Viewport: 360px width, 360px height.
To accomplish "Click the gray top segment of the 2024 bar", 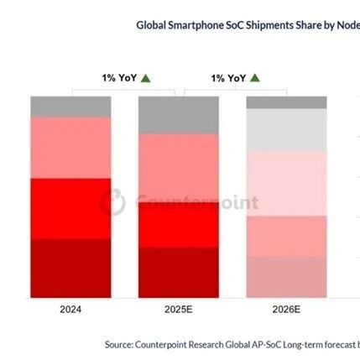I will (x=70, y=107).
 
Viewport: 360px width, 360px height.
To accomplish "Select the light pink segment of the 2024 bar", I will (x=70, y=148).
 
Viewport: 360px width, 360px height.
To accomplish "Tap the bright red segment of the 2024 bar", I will (x=70, y=208).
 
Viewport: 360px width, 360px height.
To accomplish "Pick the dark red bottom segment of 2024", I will (x=70, y=268).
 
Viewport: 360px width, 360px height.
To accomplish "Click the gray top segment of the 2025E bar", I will (x=178, y=115).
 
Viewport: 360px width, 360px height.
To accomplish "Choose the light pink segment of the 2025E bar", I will (x=178, y=168).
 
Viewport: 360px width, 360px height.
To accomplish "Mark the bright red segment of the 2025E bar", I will (x=178, y=225).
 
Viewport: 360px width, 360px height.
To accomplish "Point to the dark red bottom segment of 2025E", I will (x=178, y=272).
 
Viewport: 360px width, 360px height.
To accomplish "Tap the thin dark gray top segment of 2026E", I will (x=286, y=102).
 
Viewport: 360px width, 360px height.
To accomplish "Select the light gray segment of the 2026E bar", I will (x=286, y=130).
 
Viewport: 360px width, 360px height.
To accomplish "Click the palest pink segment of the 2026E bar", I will (x=286, y=183).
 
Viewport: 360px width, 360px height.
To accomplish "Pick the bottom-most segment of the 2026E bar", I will (x=286, y=277).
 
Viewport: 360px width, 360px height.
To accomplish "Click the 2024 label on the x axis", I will (x=70, y=310).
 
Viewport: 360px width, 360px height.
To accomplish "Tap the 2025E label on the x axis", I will (x=178, y=310).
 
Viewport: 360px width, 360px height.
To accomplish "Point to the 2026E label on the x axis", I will (x=286, y=310).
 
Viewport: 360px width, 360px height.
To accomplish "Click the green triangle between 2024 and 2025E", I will (x=146, y=78).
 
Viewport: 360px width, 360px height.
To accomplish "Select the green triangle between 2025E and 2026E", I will (x=254, y=78).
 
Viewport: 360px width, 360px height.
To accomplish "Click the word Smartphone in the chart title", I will (x=198, y=25).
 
